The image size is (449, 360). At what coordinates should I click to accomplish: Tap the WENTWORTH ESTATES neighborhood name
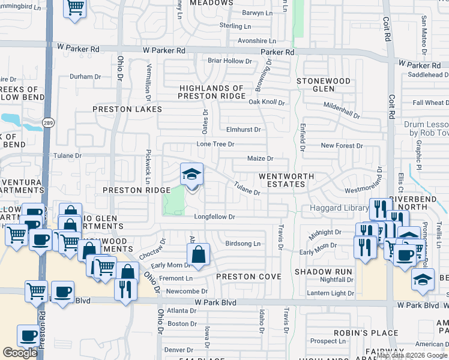[x=283, y=180]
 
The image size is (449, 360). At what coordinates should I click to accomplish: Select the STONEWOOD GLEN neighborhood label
[x=323, y=85]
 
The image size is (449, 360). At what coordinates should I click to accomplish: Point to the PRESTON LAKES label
[x=127, y=109]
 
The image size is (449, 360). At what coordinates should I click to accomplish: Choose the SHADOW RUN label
[x=324, y=272]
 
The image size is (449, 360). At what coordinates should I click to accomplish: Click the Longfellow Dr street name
[x=214, y=217]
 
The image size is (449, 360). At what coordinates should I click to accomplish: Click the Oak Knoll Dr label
[x=267, y=102]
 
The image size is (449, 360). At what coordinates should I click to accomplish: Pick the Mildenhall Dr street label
[x=342, y=110]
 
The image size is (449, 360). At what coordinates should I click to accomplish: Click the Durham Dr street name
[x=85, y=77]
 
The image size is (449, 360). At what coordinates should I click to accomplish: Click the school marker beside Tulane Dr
[x=192, y=175]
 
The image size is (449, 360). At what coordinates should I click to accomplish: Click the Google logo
[x=20, y=353]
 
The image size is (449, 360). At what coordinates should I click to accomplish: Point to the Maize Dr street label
[x=261, y=159]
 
